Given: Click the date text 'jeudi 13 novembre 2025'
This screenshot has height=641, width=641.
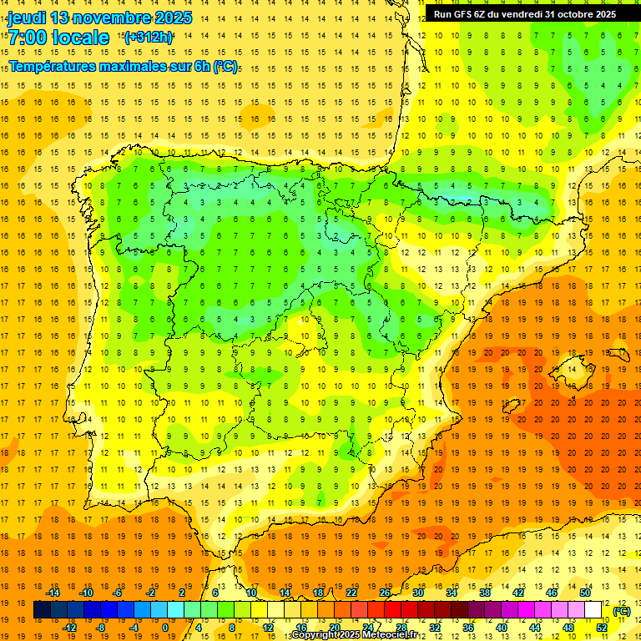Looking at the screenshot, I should (99, 18).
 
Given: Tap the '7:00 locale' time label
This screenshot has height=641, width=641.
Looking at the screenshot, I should (58, 38).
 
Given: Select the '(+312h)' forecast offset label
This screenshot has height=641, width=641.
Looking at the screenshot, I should (149, 37).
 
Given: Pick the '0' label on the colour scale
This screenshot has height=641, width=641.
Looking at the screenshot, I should (165, 628).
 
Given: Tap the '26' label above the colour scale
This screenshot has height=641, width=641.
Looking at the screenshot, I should (385, 593).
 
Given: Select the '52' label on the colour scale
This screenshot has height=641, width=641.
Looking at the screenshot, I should (601, 628).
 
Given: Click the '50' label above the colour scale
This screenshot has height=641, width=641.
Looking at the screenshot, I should (584, 593).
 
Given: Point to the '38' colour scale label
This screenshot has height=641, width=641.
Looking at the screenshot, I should (485, 593).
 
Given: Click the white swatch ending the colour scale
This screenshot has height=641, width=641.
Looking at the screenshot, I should (593, 610).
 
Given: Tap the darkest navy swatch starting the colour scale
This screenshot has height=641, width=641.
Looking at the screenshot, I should (42, 610).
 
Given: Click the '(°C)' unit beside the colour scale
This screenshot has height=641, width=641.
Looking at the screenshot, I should (621, 611).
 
